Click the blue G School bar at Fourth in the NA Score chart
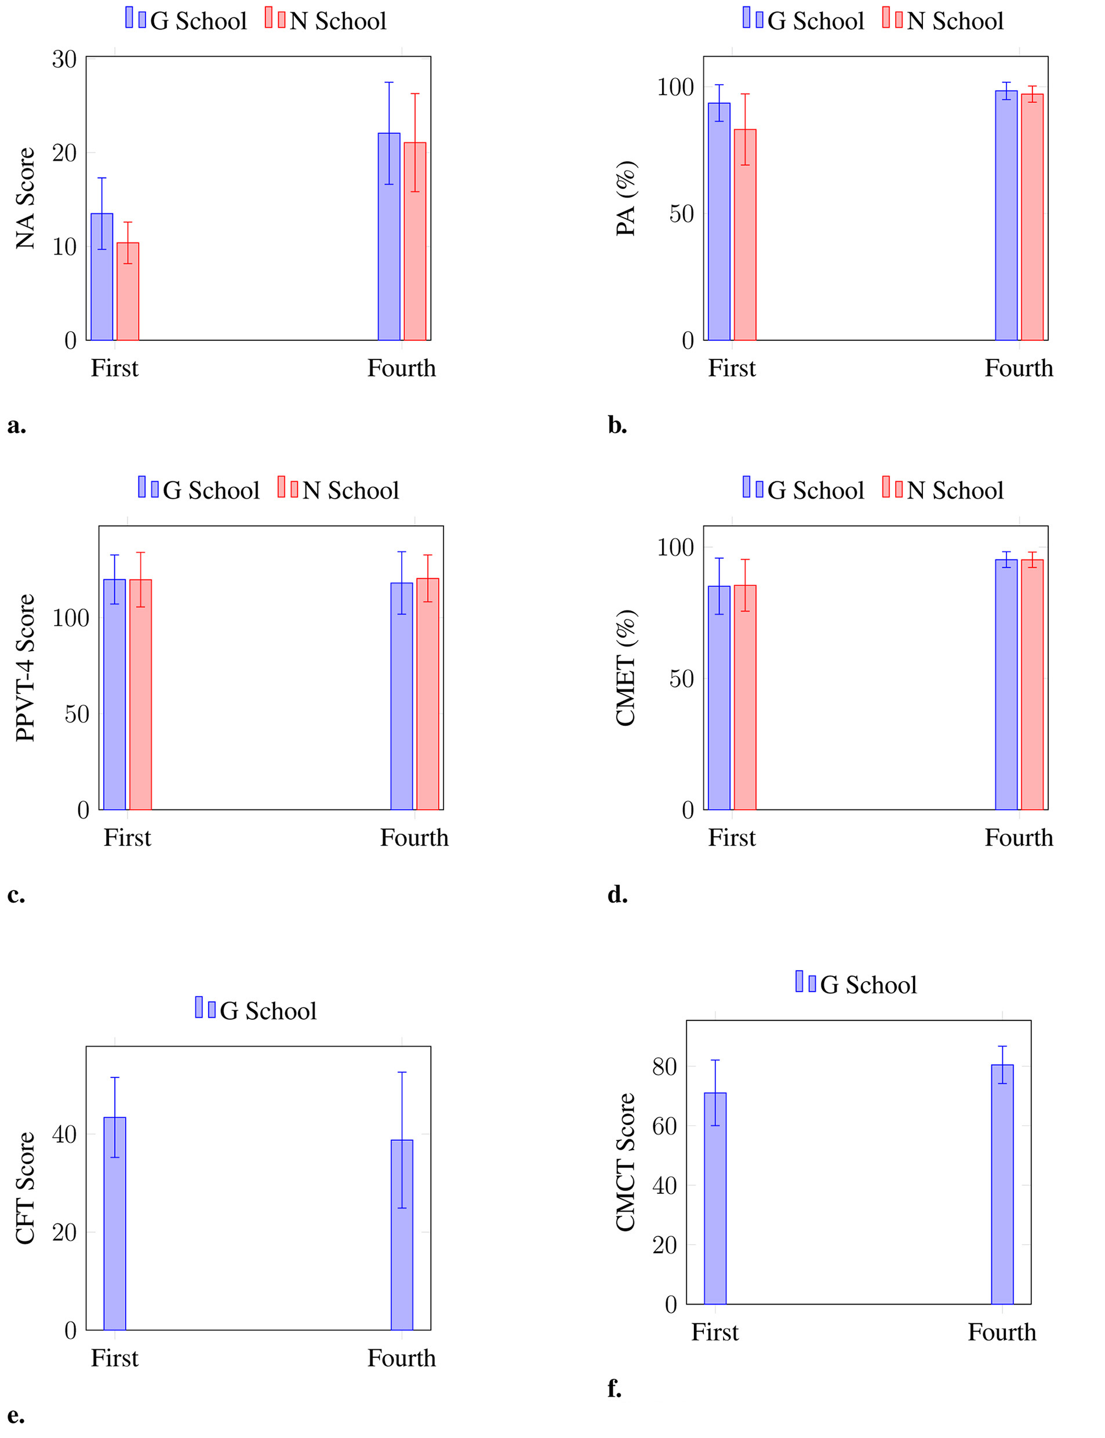click(x=389, y=237)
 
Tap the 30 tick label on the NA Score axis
click(x=64, y=59)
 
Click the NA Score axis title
click(x=26, y=198)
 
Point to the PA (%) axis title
click(x=626, y=198)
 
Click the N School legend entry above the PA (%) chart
click(x=943, y=20)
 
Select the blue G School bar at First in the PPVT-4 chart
click(x=114, y=694)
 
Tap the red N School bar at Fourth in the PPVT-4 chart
click(x=427, y=694)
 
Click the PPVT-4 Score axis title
click(x=26, y=668)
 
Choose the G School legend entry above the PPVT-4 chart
click(x=199, y=490)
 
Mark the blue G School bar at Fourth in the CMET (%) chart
click(x=1006, y=684)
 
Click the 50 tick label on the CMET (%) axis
click(x=681, y=679)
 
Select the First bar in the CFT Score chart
click(x=114, y=1223)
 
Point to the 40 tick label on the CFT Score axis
click(x=64, y=1134)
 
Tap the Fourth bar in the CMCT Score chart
click(x=1002, y=1184)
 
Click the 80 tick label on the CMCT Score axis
click(x=664, y=1066)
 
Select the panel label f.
click(x=615, y=1388)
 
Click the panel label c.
click(x=16, y=895)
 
